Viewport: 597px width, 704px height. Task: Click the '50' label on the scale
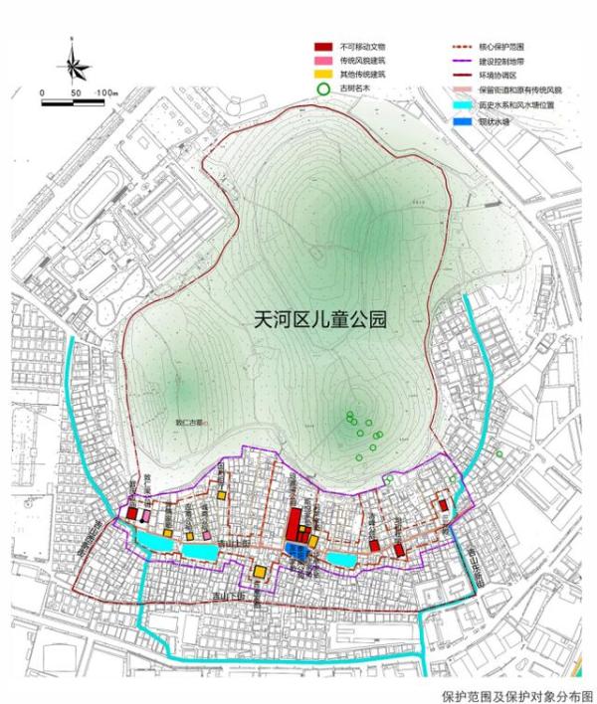[x=75, y=92]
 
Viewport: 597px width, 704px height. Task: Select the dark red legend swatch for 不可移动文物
[x=322, y=46]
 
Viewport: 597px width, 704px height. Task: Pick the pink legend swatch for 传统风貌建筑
[x=322, y=60]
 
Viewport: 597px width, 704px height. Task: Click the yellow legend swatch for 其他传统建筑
[x=322, y=74]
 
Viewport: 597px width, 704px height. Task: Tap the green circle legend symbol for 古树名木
[x=322, y=88]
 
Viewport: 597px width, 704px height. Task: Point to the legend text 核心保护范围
[x=501, y=46]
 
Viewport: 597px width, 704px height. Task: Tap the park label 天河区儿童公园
[x=319, y=320]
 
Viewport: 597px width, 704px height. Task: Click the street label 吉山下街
[x=234, y=597]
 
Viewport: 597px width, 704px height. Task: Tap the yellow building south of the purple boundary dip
[x=259, y=572]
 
